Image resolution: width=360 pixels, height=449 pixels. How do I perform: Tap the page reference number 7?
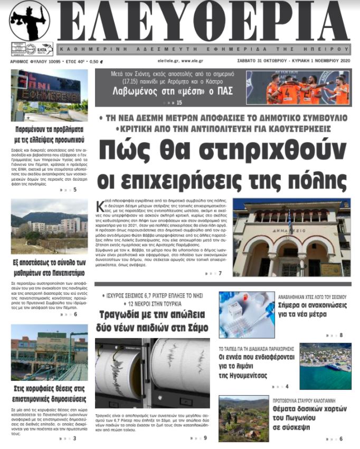220,273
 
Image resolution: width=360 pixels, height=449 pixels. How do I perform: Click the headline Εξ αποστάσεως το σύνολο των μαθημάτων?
50,268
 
